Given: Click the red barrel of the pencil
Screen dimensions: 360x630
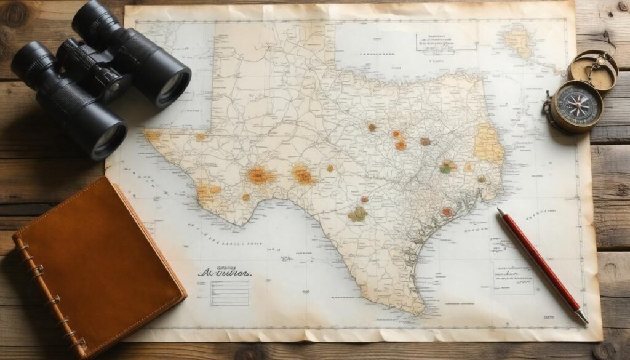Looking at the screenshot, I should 535,258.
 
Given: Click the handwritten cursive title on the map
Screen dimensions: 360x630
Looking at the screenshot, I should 225,271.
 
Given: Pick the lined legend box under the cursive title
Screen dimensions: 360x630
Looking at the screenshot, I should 229,293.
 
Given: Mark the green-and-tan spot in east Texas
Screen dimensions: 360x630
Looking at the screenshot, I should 447,166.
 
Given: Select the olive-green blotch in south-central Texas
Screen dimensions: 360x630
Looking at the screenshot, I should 357,214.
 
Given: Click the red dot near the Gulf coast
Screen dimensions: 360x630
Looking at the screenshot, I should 447,212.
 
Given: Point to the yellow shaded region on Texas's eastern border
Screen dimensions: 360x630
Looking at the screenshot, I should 488,145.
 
